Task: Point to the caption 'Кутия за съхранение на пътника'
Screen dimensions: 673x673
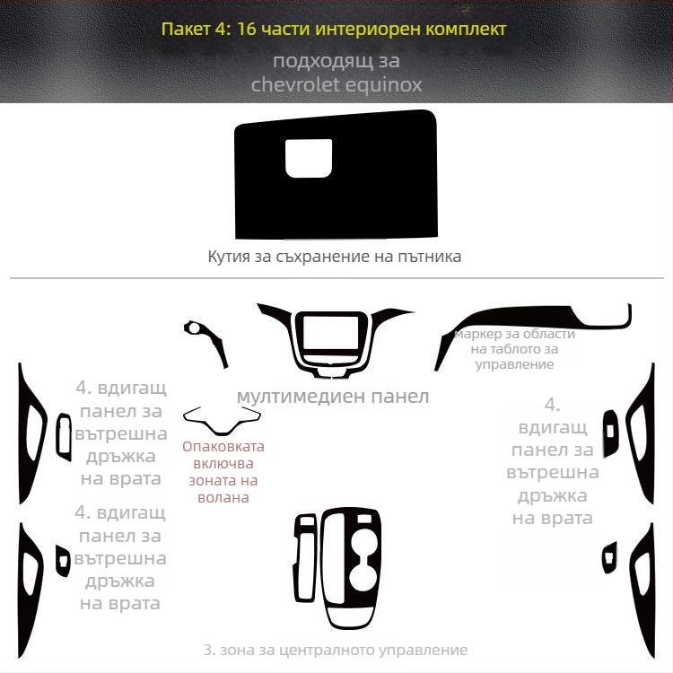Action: (x=335, y=257)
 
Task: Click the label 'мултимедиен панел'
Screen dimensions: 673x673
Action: (x=333, y=396)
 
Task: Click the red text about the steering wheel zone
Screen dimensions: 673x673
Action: (x=223, y=471)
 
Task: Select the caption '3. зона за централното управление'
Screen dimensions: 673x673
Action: (x=335, y=650)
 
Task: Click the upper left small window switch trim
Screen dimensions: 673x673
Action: (x=63, y=437)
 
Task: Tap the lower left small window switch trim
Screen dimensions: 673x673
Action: (x=64, y=560)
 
